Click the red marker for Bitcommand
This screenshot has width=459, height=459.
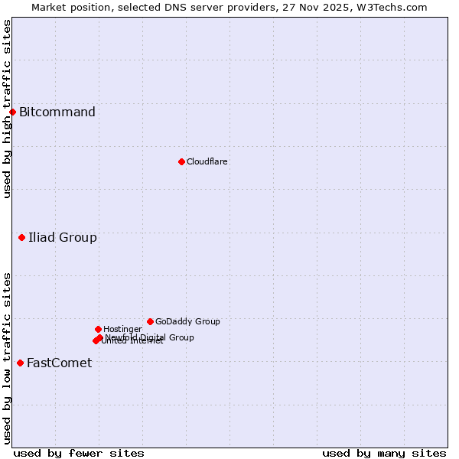pyautogui.click(x=12, y=112)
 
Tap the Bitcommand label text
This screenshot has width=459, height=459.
pyautogui.click(x=57, y=112)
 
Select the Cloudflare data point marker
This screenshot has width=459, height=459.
pyautogui.click(x=181, y=161)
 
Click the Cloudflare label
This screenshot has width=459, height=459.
pyautogui.click(x=207, y=161)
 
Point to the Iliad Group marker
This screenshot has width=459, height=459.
pyautogui.click(x=21, y=238)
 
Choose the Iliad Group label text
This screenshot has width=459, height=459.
pyautogui.click(x=63, y=238)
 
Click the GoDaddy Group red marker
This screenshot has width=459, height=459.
pyautogui.click(x=150, y=321)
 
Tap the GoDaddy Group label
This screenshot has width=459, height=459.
pyautogui.click(x=187, y=321)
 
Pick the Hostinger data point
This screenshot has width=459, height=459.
pyautogui.click(x=98, y=329)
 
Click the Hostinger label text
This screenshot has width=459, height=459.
pyautogui.click(x=122, y=329)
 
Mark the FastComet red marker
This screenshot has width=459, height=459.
pyautogui.click(x=20, y=363)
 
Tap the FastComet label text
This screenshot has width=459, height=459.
pyautogui.click(x=59, y=363)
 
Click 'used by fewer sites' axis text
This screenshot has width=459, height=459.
pyautogui.click(x=79, y=453)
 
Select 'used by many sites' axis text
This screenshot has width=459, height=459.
pyautogui.click(x=384, y=453)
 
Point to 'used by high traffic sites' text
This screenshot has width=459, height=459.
pyautogui.click(x=7, y=109)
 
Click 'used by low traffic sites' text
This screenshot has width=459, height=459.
pyautogui.click(x=7, y=357)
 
